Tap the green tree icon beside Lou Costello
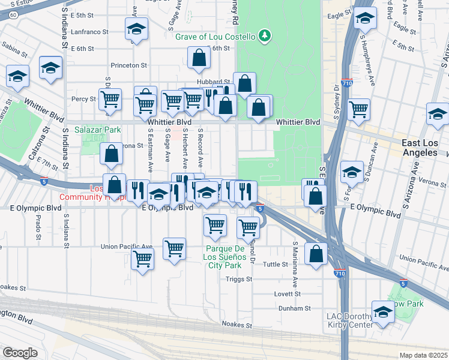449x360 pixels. [264, 37]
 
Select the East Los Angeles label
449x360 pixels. [420, 148]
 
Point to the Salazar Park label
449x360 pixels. [98, 129]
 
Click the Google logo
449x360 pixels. [20, 353]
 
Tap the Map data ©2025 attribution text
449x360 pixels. [423, 355]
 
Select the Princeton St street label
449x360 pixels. [128, 65]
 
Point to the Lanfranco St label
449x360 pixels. [89, 32]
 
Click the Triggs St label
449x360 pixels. [240, 279]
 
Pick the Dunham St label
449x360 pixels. [295, 308]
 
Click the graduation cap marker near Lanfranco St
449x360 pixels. [136, 29]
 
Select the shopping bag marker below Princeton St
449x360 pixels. [199, 58]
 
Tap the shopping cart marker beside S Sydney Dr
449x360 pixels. [358, 109]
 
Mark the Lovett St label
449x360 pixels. [288, 294]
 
